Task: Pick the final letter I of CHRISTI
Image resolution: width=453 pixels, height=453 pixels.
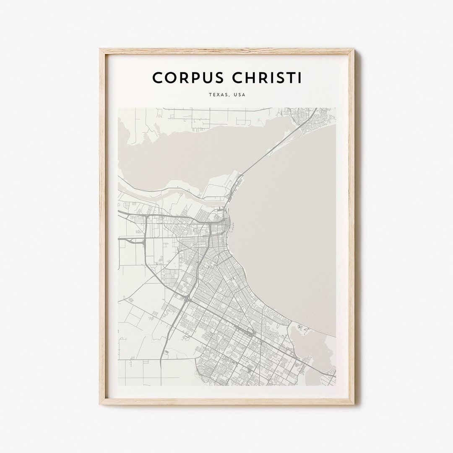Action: point(299,78)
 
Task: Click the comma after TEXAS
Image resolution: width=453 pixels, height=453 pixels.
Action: point(227,96)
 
